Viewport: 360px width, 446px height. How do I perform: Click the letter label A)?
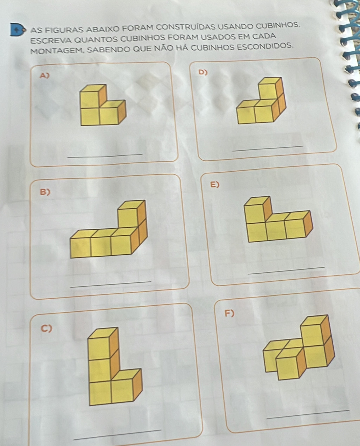pyautogui.click(x=45, y=75)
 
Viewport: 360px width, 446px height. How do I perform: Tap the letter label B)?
pyautogui.click(x=45, y=192)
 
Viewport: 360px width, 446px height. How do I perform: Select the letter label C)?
pyautogui.click(x=46, y=329)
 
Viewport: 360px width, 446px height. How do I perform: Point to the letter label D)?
pyautogui.click(x=203, y=72)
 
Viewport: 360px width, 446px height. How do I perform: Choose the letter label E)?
pyautogui.click(x=215, y=185)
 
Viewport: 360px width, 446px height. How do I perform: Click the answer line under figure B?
pyautogui.click(x=111, y=284)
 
